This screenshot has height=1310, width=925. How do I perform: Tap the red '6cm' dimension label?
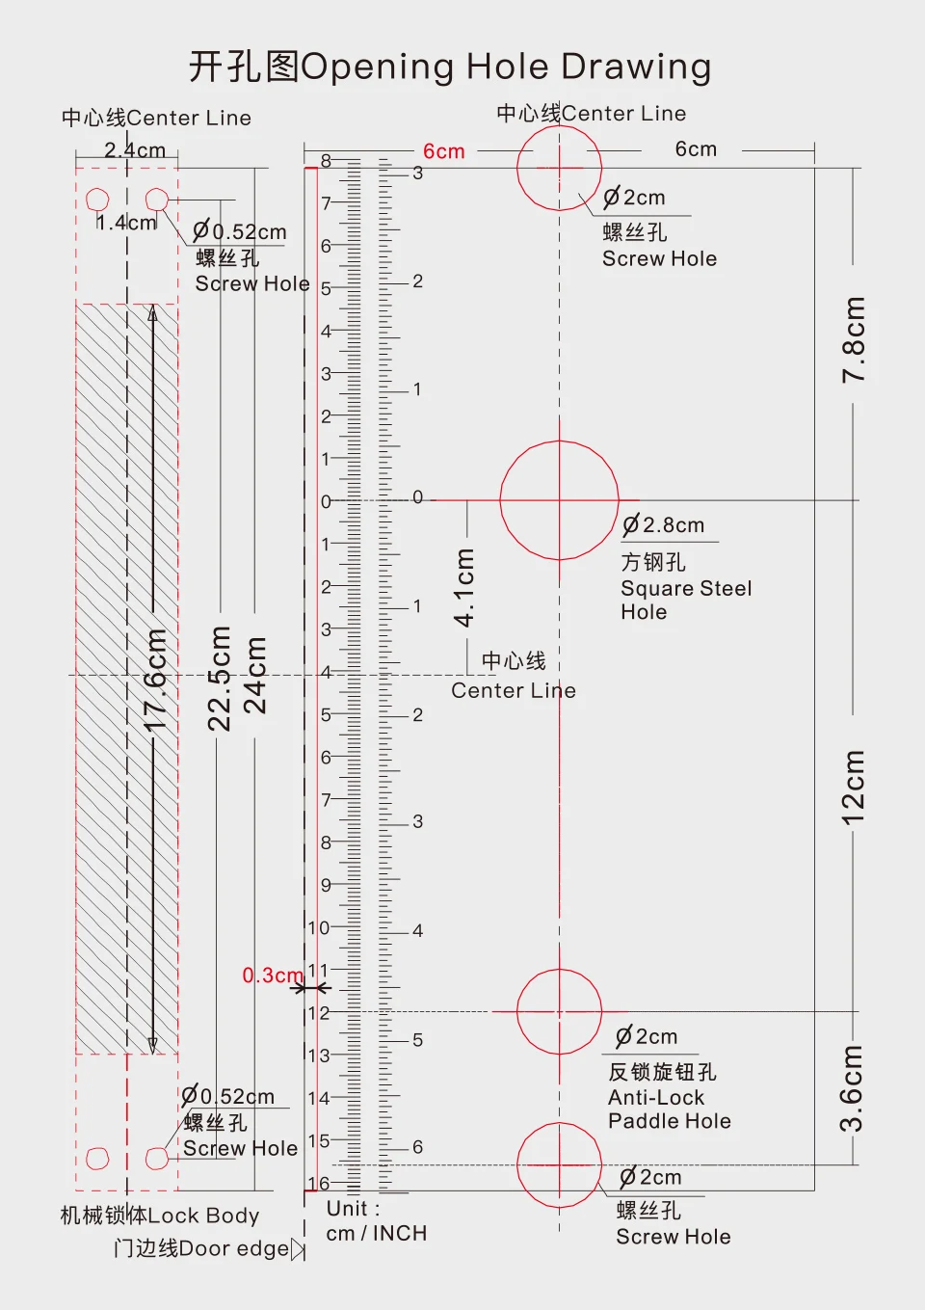coord(444,151)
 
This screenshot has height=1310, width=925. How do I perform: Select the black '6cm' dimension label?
coord(696,149)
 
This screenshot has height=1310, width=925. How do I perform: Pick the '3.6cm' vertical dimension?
coord(853,1088)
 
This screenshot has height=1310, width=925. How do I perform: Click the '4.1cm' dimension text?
coord(465,587)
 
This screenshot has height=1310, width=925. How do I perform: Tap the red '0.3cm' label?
coord(272,976)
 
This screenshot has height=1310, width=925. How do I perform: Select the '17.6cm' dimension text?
coord(156,681)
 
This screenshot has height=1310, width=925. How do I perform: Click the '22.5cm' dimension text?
coord(221,678)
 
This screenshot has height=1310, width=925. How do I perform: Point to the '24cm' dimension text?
coord(254,675)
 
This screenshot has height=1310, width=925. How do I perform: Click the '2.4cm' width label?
coord(135,150)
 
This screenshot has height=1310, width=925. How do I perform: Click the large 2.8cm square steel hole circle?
coord(559,500)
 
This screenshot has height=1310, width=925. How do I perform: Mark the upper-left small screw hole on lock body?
coord(97,200)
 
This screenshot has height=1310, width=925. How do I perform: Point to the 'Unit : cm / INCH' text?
coord(376,1221)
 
